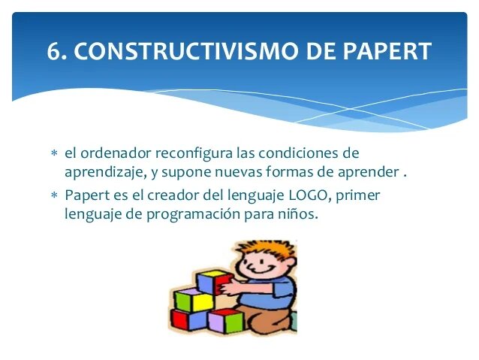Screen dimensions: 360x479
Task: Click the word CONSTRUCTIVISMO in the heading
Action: [x=178, y=51]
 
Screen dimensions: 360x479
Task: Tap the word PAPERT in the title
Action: [x=387, y=51]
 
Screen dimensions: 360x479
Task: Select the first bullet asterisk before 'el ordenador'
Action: [x=53, y=154]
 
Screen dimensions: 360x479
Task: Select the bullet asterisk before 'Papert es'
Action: [x=53, y=196]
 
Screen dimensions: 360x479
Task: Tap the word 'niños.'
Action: [x=297, y=214]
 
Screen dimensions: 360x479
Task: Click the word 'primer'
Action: [x=360, y=195]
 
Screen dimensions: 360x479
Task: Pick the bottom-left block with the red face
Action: [x=180, y=319]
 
